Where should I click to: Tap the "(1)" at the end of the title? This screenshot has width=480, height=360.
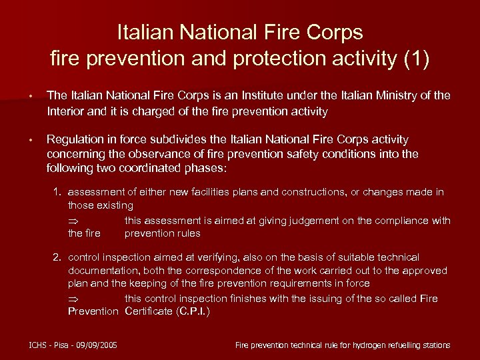click(417, 59)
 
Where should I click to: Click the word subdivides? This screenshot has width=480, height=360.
click(191, 140)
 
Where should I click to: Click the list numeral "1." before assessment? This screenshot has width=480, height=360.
click(58, 192)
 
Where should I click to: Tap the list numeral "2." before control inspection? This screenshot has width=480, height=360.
click(58, 257)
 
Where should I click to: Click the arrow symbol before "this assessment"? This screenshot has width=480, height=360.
click(73, 221)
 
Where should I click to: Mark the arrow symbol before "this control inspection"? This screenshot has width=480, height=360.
click(73, 299)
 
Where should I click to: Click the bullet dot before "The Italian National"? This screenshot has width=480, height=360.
click(31, 97)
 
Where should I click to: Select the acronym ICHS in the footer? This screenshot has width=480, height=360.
click(39, 345)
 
